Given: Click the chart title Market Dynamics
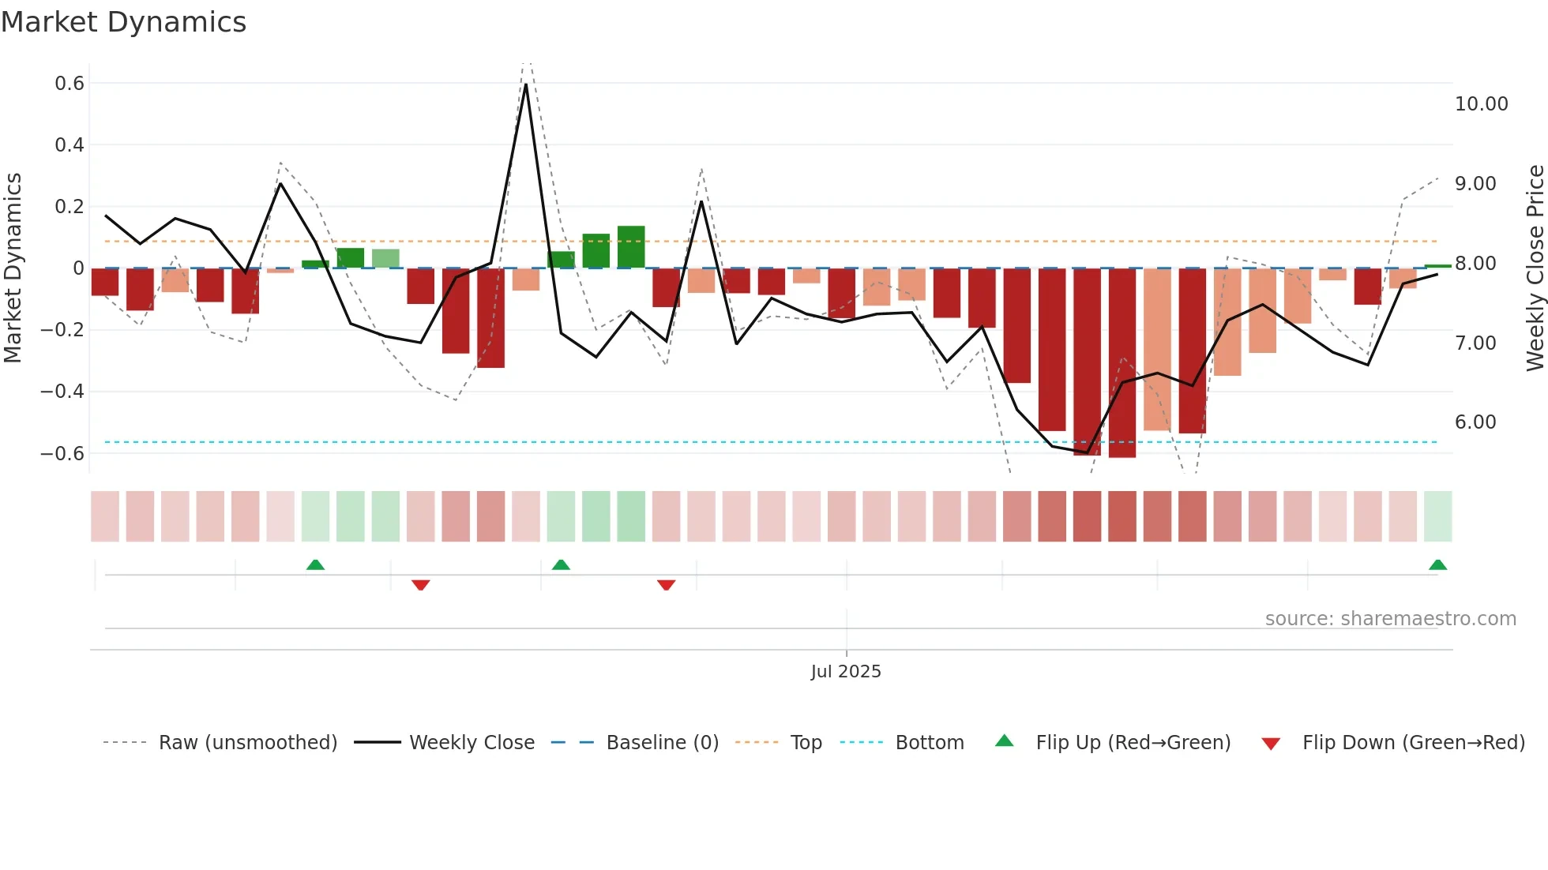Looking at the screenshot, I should click(123, 22).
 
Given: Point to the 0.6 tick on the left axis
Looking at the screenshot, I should click(70, 84).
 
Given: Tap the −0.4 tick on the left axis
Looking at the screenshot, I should click(62, 392).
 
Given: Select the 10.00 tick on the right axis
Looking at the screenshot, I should click(1481, 104).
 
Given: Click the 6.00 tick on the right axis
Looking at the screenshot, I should click(1475, 422).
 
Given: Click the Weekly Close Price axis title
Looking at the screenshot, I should click(1535, 268).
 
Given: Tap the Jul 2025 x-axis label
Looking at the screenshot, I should click(845, 672).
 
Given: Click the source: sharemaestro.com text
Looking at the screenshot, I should click(1390, 619).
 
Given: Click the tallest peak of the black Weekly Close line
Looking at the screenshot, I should click(526, 84).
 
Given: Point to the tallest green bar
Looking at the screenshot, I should click(631, 246).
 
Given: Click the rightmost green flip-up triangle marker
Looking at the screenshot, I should click(1437, 565).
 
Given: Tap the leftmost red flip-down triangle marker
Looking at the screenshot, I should click(421, 585).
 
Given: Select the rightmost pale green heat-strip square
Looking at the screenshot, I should click(1437, 516).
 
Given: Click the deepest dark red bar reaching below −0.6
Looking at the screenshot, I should click(1122, 363).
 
